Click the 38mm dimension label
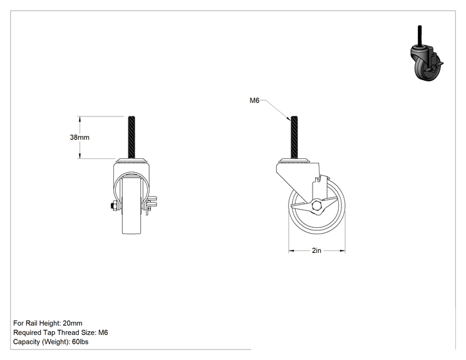(80, 137)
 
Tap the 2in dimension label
(316, 250)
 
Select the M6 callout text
(254, 100)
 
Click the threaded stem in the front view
(132, 138)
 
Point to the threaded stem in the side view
(294, 138)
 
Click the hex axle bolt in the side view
(317, 205)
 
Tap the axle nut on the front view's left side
(113, 205)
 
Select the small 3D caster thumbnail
(427, 53)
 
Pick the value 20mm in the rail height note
(73, 323)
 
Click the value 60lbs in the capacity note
(80, 342)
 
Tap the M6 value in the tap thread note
(103, 332)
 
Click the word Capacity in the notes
(26, 342)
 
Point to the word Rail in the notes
(31, 323)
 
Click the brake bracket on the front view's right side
(151, 205)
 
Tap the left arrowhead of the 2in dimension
(291, 251)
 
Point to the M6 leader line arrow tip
(291, 120)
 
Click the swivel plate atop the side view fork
(294, 161)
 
